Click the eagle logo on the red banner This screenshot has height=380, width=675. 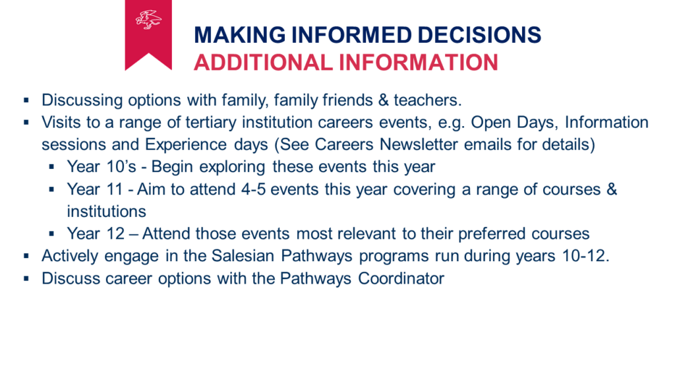pos(148,19)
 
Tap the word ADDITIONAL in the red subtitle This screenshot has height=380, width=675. pos(262,63)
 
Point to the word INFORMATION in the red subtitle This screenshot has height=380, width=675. pos(418,63)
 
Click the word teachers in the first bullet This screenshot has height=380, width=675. pos(427,100)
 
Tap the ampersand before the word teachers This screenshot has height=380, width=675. pos(383,100)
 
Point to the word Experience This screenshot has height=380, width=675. pos(185,144)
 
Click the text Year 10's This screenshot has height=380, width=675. pos(102,167)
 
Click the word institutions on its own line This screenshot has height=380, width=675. pos(106,212)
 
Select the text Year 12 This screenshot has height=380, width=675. pos(96,234)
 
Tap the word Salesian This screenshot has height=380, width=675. pos(243,256)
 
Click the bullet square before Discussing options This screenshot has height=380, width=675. pos(26,100)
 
